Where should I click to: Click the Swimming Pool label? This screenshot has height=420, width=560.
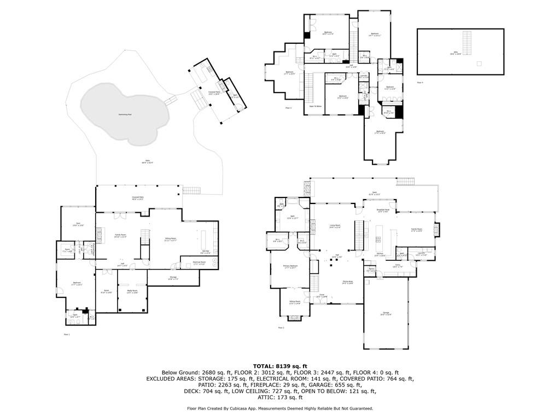point(125,114)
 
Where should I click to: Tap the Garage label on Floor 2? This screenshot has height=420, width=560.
point(386,314)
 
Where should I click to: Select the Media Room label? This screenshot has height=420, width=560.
point(132,291)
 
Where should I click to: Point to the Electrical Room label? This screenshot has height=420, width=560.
point(199,263)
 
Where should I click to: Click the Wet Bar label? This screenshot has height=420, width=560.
point(205,252)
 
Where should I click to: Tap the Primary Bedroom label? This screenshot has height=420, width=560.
point(290,266)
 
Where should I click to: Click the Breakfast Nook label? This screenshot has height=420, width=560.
point(383,211)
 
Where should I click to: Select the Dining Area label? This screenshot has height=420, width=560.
point(347,282)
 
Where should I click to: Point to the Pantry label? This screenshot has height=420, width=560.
point(371,270)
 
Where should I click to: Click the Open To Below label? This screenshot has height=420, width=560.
point(315,106)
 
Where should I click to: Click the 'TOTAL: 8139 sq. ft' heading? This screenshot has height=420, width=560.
point(280,366)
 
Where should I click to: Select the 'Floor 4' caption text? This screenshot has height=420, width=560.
point(420,82)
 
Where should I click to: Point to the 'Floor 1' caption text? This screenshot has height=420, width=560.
point(67,334)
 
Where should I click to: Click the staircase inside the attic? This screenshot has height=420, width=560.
point(467,40)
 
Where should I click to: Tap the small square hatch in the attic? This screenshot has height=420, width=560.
point(479,63)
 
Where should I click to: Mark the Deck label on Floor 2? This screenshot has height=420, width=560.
point(374,193)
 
